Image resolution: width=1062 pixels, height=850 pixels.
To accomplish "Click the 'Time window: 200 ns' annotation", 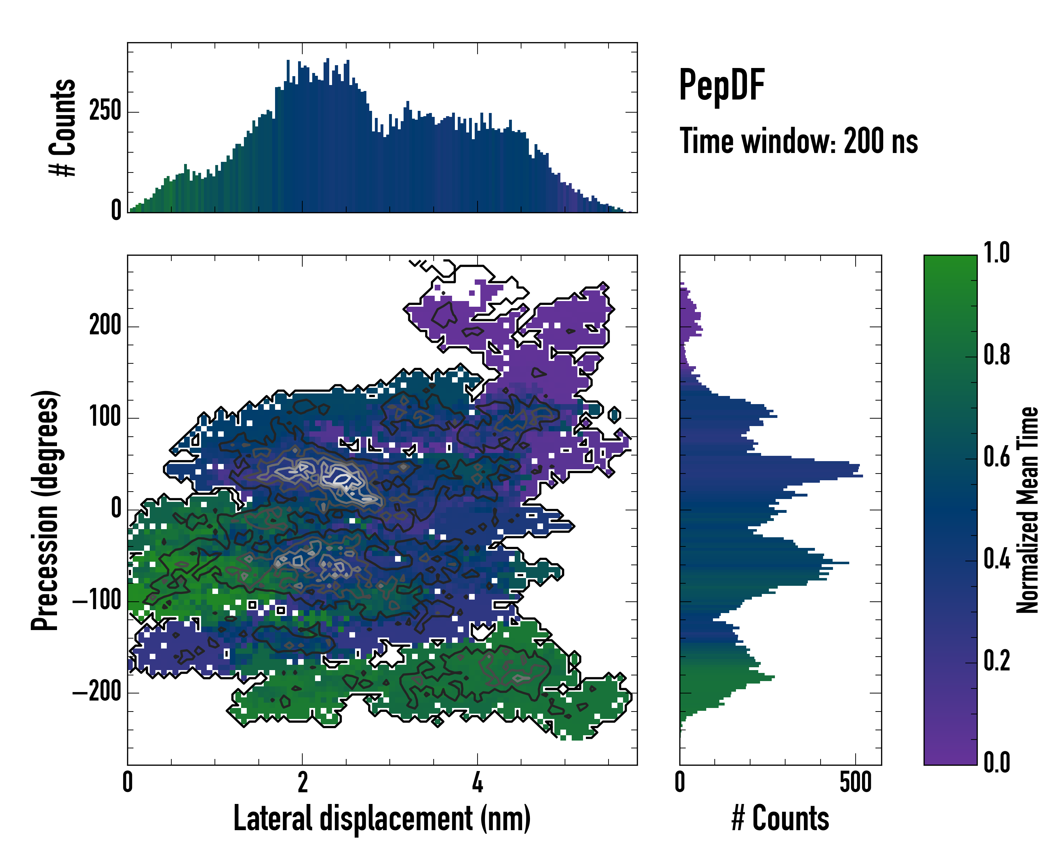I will pyautogui.click(x=799, y=141).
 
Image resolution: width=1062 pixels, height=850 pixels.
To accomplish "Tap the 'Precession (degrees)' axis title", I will pyautogui.click(x=45, y=510).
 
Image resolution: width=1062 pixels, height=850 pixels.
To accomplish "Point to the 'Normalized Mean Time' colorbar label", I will pyautogui.click(x=1028, y=510).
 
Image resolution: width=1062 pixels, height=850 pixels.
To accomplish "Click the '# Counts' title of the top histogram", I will pyautogui.click(x=63, y=127).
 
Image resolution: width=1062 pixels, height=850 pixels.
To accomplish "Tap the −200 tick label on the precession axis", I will pyautogui.click(x=97, y=692).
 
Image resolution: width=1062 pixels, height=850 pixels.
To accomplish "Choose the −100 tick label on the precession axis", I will pyautogui.click(x=97, y=601).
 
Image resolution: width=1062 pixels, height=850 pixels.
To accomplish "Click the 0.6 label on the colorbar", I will pyautogui.click(x=997, y=457).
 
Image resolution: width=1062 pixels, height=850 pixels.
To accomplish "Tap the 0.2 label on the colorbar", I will pyautogui.click(x=997, y=661).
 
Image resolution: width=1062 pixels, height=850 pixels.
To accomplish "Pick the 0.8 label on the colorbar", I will pyautogui.click(x=997, y=355).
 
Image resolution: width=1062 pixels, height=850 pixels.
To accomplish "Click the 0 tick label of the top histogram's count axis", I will pyautogui.click(x=116, y=210).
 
